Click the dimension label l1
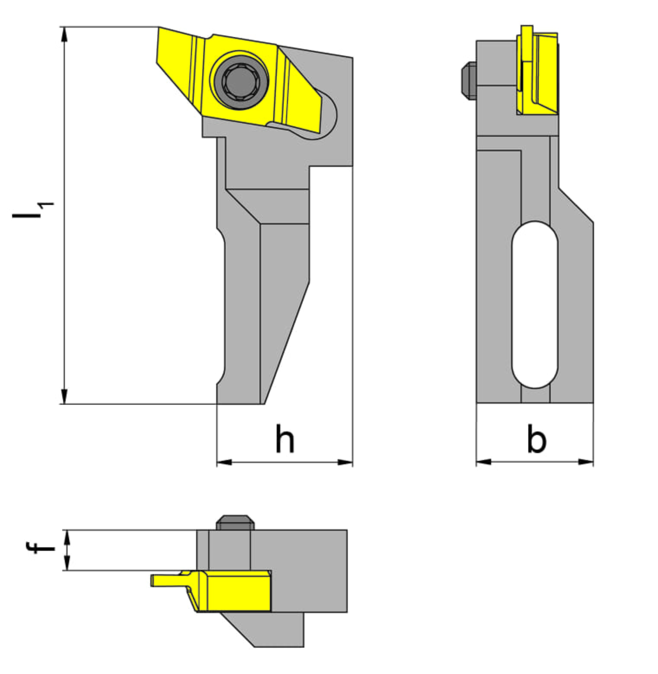point(32,210)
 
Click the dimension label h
point(285,438)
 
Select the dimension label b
point(537,438)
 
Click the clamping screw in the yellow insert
point(239,80)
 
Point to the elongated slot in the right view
point(535,305)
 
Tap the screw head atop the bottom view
point(235,522)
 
